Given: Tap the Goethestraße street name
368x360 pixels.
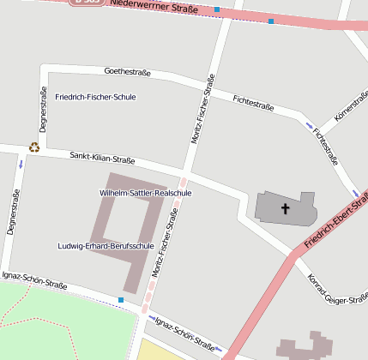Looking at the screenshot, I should click(127, 72).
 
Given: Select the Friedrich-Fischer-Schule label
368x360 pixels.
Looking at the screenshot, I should click(95, 97).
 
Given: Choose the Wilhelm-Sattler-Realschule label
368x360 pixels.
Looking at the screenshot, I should click(146, 194).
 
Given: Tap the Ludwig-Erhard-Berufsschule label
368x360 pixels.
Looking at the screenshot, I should click(106, 246).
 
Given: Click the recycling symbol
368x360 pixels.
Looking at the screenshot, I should click(34, 147).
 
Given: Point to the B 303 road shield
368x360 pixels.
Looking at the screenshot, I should click(87, 3).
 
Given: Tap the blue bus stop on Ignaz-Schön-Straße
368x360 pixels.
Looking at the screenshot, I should click(121, 300).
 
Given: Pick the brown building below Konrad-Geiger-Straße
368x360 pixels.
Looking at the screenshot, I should click(305, 348).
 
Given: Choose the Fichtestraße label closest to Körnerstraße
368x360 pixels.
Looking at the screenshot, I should click(326, 146).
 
